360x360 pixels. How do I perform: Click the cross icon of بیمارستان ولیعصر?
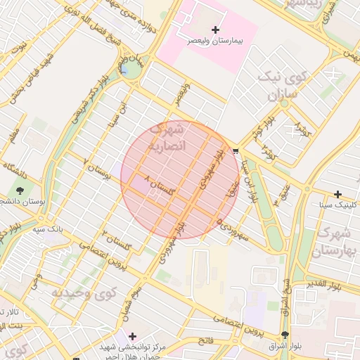pos(215,29)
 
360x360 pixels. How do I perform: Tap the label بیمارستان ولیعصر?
pos(215,41)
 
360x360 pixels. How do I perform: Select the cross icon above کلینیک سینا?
pos(338,194)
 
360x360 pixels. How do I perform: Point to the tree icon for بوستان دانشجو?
pos(19,190)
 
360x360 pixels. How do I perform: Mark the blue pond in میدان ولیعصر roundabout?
pos(124,70)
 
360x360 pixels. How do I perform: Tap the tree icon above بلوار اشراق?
pos(285,335)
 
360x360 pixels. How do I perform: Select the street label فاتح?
pos(205,340)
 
